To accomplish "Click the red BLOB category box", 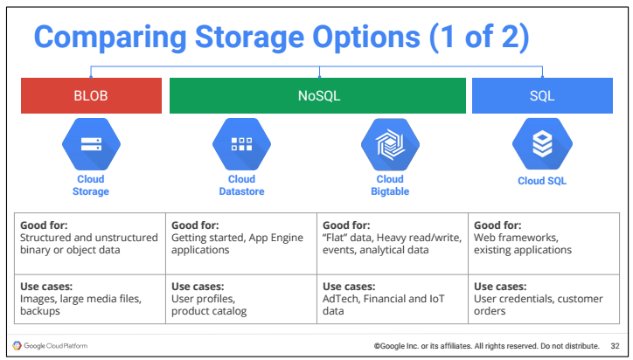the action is (91, 95).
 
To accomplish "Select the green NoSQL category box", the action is (317, 95).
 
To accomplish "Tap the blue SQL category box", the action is (542, 95).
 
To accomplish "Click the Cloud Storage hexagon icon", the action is (91, 144).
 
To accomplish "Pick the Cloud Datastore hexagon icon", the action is (242, 144).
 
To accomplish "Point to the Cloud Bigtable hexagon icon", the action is (390, 144).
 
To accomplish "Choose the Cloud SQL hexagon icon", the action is (542, 144).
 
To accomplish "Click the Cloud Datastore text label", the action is (242, 185).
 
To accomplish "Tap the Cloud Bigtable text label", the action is (390, 185).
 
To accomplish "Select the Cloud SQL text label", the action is (542, 181).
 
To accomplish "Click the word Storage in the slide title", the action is (249, 38).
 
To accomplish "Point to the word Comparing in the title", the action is (110, 38).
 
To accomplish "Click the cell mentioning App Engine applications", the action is (241, 244).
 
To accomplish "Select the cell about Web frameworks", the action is (544, 244).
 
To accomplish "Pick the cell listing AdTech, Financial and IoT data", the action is (393, 299).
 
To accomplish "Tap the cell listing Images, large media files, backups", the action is (90, 299).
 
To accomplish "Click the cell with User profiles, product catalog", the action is (241, 299).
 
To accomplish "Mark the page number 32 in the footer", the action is (615, 346).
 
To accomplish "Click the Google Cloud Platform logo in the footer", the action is (50, 346).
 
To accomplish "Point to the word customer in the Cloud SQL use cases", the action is (580, 299).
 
